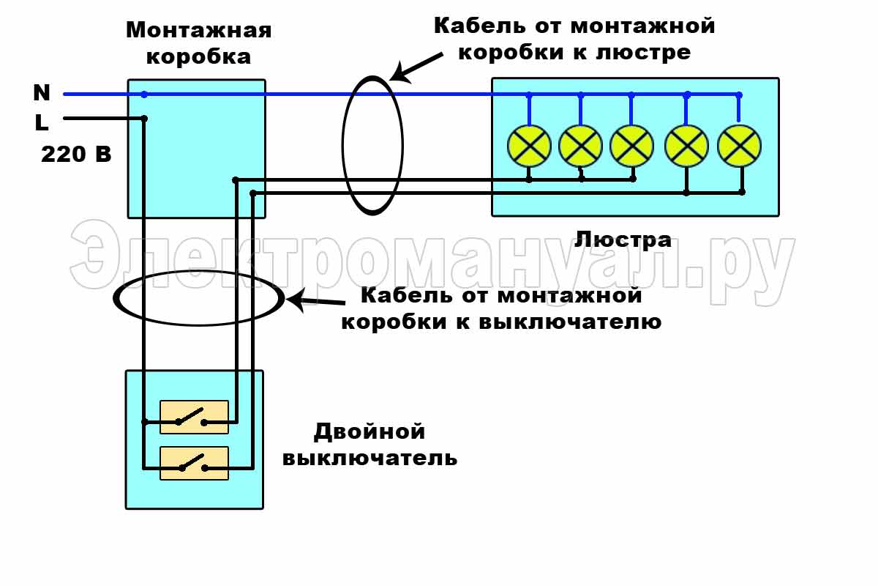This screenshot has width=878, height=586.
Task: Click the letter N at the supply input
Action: [42, 93]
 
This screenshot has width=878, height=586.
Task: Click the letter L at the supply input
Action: [42, 122]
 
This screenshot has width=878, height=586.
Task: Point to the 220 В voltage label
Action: [76, 155]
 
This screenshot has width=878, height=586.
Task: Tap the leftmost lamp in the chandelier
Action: [528, 146]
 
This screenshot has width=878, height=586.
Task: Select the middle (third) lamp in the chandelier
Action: [631, 146]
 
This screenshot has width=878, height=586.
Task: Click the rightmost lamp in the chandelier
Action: [740, 146]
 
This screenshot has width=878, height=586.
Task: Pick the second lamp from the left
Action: [580, 146]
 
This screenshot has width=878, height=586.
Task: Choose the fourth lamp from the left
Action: [686, 146]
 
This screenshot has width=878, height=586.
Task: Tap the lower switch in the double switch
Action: [194, 464]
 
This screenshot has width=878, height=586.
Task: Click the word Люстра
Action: [623, 240]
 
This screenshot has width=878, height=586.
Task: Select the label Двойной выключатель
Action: [369, 445]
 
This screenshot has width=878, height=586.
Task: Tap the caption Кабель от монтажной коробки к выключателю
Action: [501, 308]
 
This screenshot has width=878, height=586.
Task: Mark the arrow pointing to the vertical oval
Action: [416, 66]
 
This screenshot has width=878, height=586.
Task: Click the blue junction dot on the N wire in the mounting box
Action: [144, 94]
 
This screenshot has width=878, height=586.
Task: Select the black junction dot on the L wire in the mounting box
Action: [144, 119]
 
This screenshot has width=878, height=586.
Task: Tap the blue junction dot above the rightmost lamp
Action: [739, 94]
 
